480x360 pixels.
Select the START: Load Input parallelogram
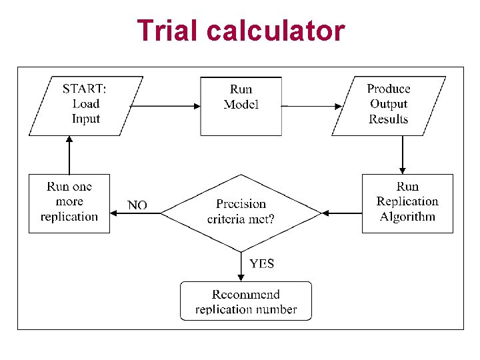(x=86, y=105)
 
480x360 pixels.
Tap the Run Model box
(x=241, y=105)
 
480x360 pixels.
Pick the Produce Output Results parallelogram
(x=389, y=105)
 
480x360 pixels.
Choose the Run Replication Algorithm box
(x=407, y=203)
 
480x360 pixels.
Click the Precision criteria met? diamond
(x=241, y=213)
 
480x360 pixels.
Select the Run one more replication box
(x=69, y=203)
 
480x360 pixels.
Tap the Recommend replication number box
(x=245, y=301)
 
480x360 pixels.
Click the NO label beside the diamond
(x=137, y=205)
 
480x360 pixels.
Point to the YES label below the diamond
(x=261, y=263)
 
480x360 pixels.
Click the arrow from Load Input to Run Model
(x=167, y=105)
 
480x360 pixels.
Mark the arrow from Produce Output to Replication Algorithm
(x=402, y=155)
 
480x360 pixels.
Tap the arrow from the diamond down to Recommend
(x=241, y=267)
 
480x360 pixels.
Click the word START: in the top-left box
(x=84, y=89)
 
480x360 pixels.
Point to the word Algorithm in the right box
(x=407, y=217)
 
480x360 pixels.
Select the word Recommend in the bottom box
(x=245, y=294)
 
